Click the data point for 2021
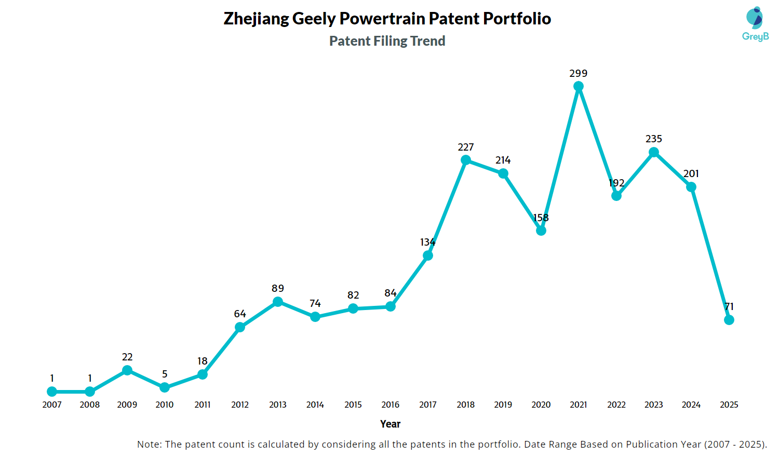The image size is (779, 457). point(579,86)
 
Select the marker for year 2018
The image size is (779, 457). point(466,160)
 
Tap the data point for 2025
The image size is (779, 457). point(729,320)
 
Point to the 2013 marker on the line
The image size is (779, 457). point(278,302)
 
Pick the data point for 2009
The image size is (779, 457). point(127,370)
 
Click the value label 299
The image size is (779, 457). point(579,74)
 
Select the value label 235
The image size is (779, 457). point(654,139)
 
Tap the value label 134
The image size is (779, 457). point(428,243)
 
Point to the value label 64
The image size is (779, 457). point(240,314)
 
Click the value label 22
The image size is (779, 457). point(127,357)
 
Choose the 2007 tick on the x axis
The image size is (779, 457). point(52,405)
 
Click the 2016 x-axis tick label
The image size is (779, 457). point(391,405)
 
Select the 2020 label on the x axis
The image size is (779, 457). point(541,405)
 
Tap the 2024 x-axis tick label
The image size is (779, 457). point(691,405)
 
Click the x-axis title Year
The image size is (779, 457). point(390,424)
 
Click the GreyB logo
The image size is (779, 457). point(755,24)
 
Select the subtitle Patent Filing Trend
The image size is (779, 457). point(387,41)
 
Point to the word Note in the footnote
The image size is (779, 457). point(149,445)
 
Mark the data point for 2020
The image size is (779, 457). point(541,231)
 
